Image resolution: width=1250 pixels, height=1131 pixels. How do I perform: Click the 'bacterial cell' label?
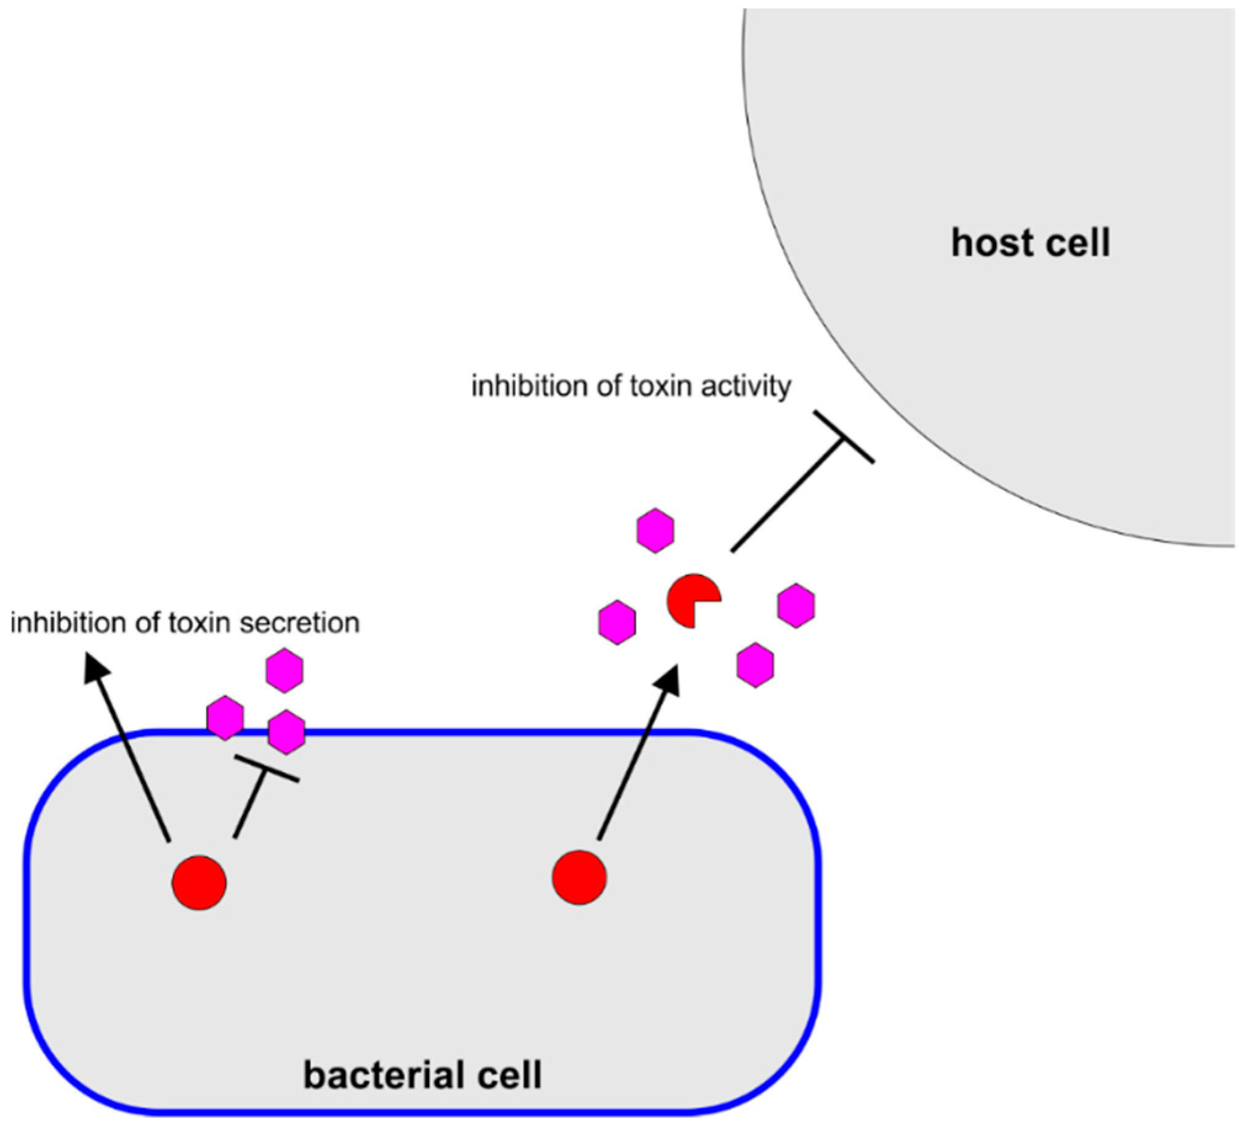(x=422, y=1074)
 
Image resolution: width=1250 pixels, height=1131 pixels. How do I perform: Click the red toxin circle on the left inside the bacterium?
(x=199, y=882)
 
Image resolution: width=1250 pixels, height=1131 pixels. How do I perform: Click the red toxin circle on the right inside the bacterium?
(x=579, y=877)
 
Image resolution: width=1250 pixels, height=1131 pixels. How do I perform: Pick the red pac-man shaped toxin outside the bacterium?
(x=692, y=601)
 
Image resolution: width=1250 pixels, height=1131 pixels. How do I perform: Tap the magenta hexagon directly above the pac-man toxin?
(x=655, y=530)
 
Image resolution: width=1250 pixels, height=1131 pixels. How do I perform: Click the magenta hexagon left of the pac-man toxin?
(x=617, y=622)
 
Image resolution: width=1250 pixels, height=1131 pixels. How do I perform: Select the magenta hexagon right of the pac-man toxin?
(x=796, y=606)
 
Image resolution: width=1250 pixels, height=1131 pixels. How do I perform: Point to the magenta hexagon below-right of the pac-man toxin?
(x=755, y=665)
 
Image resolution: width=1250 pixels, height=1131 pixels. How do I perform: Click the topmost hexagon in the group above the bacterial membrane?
(x=284, y=670)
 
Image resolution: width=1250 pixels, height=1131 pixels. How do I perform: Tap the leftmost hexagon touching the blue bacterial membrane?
(x=225, y=718)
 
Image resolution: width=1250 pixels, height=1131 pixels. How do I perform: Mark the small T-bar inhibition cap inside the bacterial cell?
(x=267, y=768)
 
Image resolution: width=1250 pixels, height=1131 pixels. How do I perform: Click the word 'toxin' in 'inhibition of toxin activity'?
(x=660, y=386)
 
